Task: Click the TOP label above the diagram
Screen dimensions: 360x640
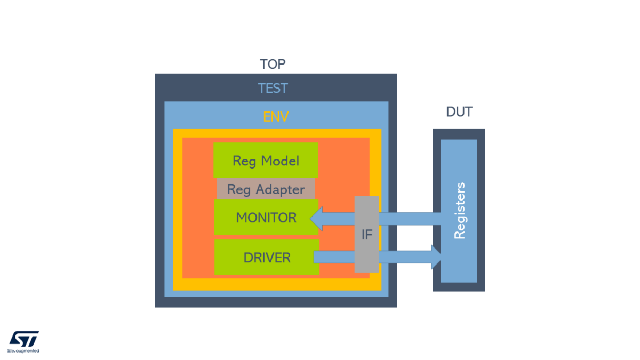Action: [273, 65]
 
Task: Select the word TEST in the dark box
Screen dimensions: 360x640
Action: [273, 88]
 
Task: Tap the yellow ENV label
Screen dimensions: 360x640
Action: [276, 116]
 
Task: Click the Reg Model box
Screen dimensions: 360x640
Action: [266, 160]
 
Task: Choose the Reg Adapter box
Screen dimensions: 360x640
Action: [266, 189]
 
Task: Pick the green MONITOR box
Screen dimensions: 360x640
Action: [266, 218]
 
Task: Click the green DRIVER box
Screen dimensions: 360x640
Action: [267, 258]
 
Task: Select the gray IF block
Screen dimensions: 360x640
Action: [367, 234]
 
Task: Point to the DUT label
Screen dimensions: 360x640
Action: [459, 113]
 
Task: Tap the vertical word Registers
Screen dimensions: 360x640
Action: [459, 211]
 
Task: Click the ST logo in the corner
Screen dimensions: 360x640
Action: [24, 339]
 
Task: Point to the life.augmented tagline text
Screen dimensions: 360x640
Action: [23, 351]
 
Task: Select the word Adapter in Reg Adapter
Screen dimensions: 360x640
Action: [278, 189]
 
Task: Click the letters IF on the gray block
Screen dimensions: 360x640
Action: [367, 235]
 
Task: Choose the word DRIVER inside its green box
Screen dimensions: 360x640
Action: [267, 258]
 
